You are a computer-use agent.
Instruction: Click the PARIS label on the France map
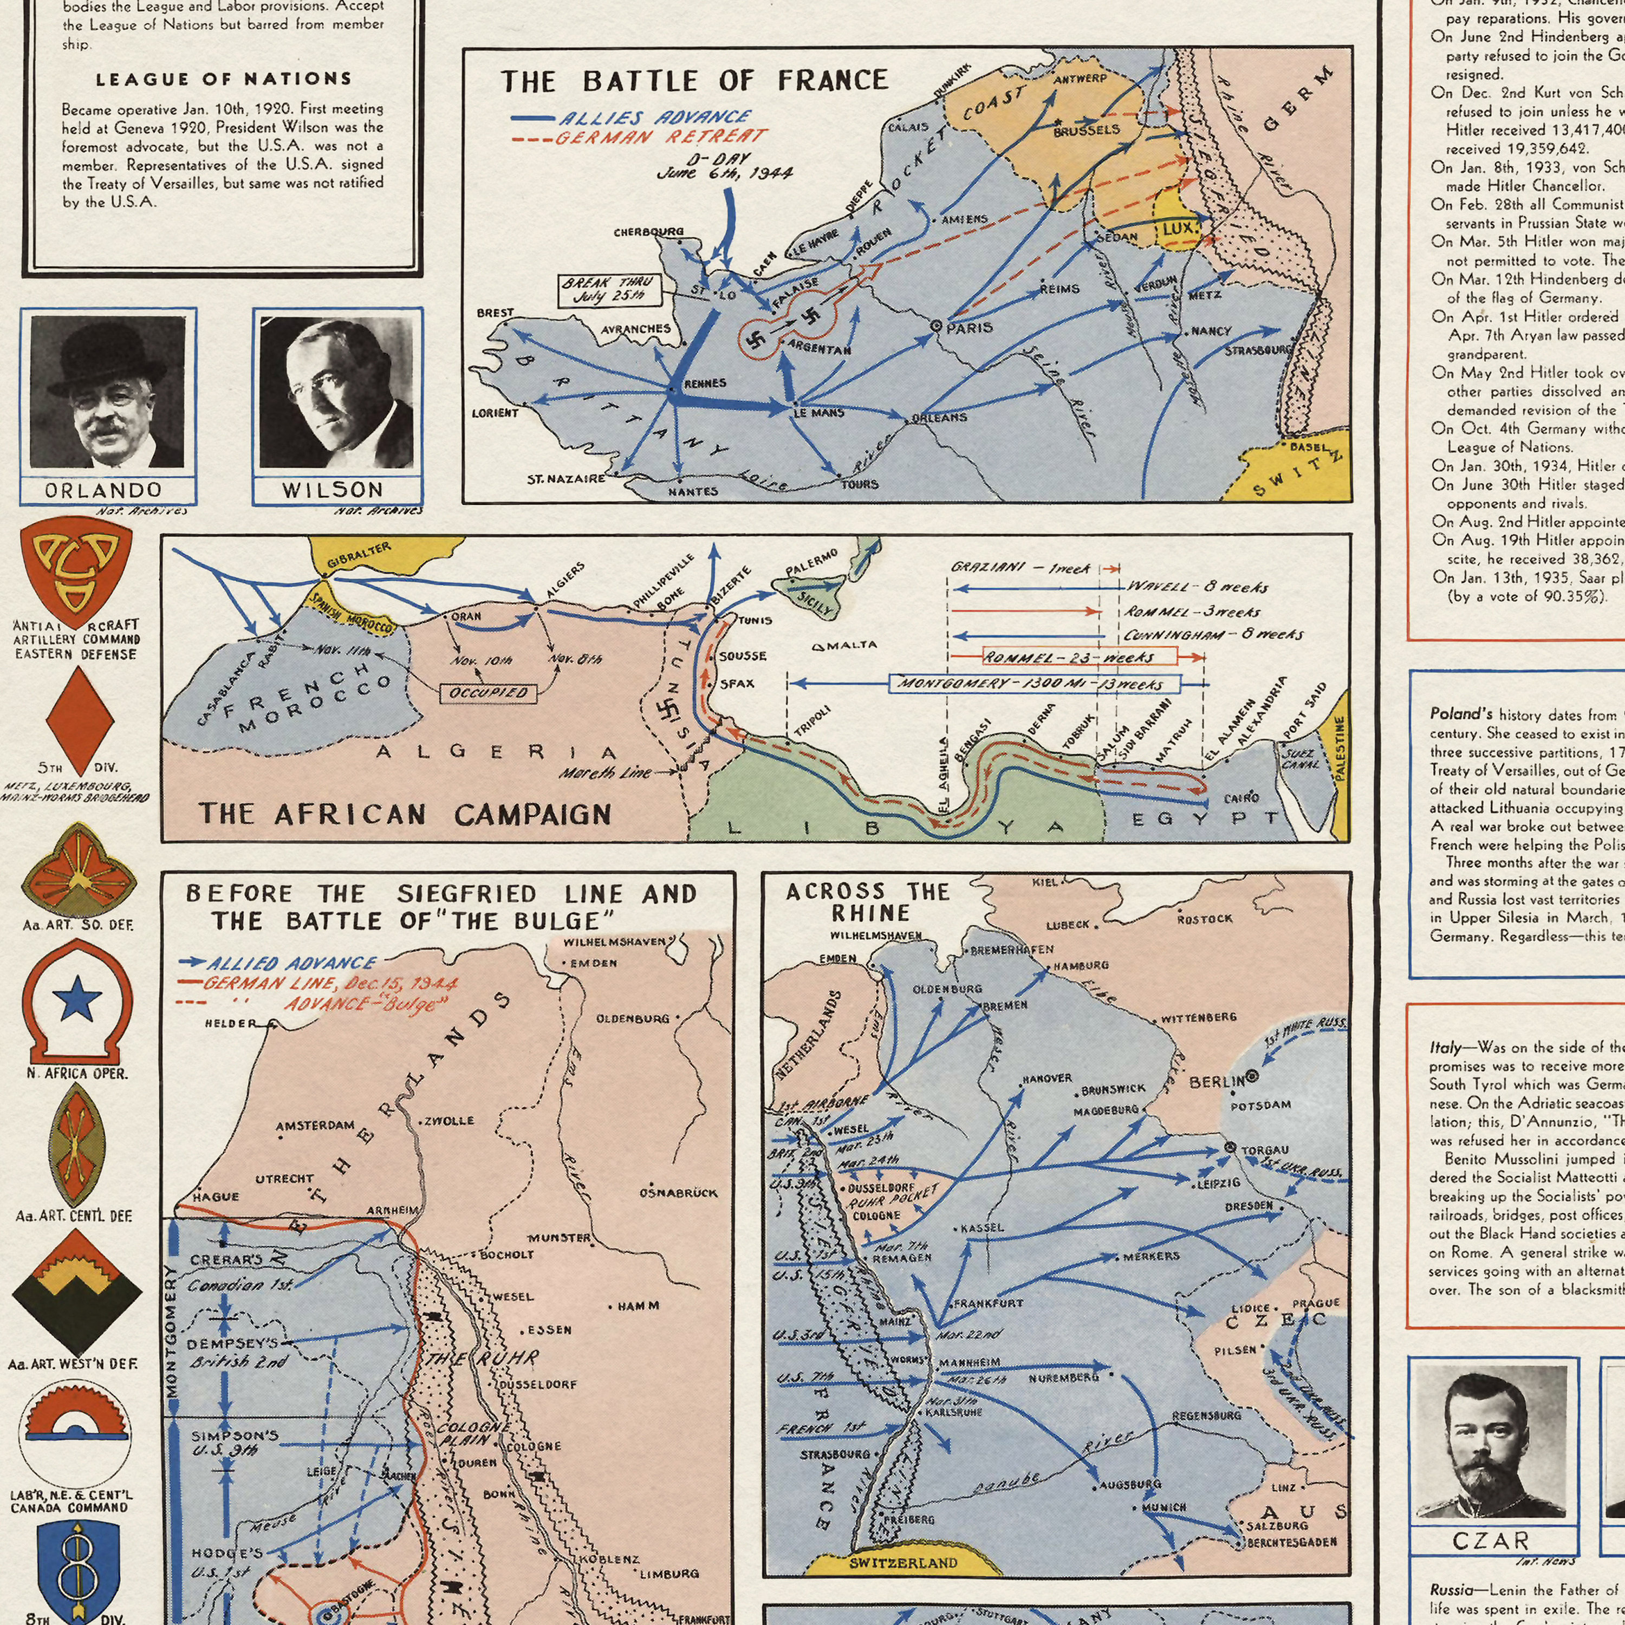click(x=969, y=328)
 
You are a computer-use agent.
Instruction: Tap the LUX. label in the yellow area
click(x=1178, y=229)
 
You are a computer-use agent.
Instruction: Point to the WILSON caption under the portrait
click(x=333, y=490)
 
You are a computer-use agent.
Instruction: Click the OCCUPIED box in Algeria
click(x=489, y=693)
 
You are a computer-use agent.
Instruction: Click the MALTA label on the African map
click(x=850, y=645)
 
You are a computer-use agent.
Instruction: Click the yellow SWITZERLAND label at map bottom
click(x=902, y=1540)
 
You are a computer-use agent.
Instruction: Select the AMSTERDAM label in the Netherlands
click(x=315, y=1126)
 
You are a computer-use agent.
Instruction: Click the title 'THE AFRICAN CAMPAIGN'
click(x=405, y=814)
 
